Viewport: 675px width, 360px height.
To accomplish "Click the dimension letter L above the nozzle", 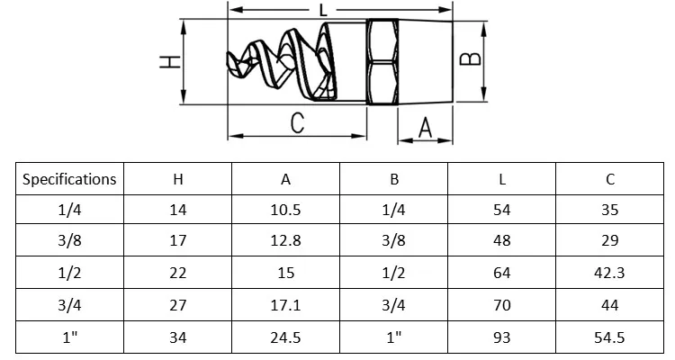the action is point(321,11).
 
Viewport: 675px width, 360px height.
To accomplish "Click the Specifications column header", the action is point(69,179).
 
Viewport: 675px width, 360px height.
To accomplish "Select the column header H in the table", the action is point(178,179).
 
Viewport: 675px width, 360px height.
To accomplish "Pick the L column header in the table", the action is point(502,179).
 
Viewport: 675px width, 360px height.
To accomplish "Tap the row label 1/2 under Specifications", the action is point(69,274).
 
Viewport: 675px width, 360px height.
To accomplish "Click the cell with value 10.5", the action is point(286,211).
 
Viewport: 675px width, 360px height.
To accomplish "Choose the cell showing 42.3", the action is point(610,274).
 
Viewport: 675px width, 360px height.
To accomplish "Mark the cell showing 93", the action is point(502,337).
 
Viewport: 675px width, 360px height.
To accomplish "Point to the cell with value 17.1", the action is point(286,306).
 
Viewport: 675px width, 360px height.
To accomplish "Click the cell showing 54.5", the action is point(610,337).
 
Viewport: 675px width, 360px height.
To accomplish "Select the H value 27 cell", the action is point(178,306).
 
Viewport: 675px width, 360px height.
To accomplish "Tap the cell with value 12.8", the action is point(286,242).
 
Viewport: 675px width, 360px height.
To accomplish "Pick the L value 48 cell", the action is point(502,242).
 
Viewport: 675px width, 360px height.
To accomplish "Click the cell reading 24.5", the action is point(286,337).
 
